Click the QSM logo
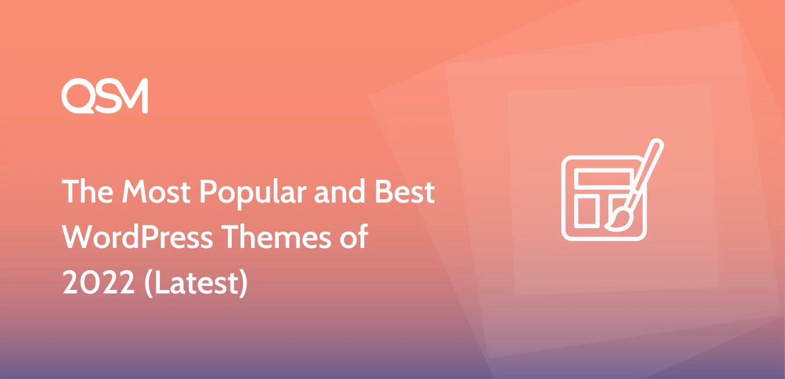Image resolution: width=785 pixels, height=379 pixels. [105, 95]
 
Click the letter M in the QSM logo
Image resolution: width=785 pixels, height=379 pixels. [132, 95]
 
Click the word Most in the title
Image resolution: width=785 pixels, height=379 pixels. [156, 192]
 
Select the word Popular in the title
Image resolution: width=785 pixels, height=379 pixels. [253, 194]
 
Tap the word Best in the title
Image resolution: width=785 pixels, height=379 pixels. [404, 192]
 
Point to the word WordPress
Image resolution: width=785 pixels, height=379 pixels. [137, 237]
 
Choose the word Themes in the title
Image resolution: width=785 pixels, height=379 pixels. [277, 236]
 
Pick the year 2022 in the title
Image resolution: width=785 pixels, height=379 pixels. [98, 282]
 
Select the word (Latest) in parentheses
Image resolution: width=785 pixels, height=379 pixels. [196, 283]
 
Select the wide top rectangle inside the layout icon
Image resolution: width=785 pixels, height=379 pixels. [604, 178]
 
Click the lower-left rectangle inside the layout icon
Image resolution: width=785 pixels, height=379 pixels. [586, 212]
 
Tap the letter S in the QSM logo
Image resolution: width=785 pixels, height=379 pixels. [106, 96]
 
